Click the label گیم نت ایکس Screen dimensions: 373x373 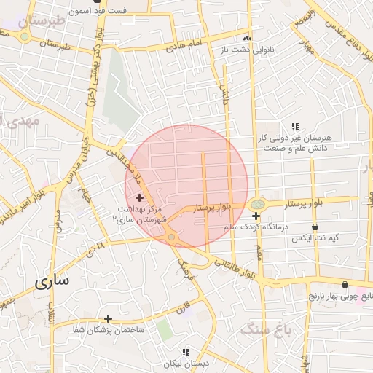click(x=315, y=239)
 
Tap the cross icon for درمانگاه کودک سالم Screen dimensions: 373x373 click(x=256, y=216)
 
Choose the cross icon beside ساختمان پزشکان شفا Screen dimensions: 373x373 click(x=108, y=318)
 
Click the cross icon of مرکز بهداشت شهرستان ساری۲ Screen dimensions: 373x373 click(x=139, y=197)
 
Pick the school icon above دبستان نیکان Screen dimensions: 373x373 click(x=186, y=352)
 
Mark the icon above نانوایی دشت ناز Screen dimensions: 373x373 click(x=247, y=38)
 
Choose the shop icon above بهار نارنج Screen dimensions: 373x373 click(x=345, y=285)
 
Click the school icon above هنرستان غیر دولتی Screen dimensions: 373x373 click(x=295, y=126)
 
